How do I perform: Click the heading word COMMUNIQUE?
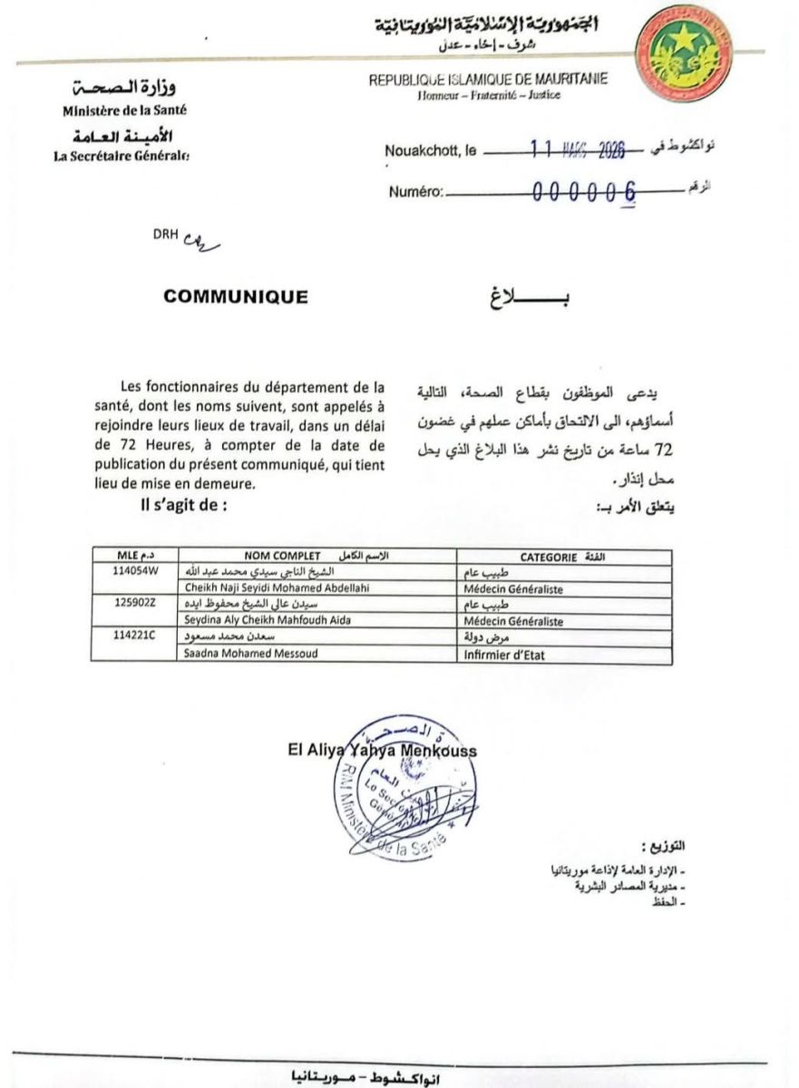pyautogui.click(x=236, y=296)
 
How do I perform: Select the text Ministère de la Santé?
pyautogui.click(x=125, y=111)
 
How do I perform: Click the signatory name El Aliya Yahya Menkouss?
pyautogui.click(x=381, y=751)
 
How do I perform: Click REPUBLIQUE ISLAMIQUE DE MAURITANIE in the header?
pyautogui.click(x=488, y=80)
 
